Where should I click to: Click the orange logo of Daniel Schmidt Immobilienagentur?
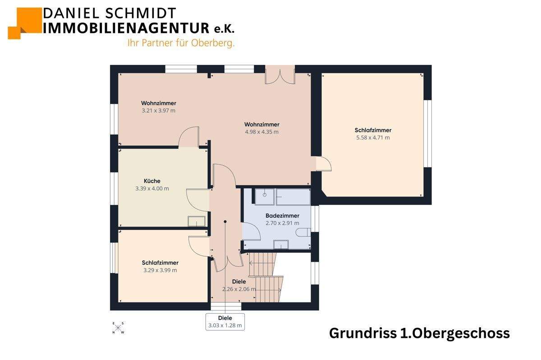point(24,22)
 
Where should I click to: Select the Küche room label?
point(152,181)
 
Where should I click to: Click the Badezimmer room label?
point(282,216)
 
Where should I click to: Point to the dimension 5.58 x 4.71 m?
point(373,138)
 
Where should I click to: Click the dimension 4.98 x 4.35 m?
point(261,132)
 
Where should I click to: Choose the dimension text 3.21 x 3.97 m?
point(158,110)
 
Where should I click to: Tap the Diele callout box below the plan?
point(225,321)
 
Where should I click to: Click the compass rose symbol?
point(119,328)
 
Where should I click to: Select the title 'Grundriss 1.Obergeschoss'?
point(419,333)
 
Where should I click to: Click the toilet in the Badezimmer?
point(304,232)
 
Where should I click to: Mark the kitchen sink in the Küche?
point(197,221)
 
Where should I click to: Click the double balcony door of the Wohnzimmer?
point(280,75)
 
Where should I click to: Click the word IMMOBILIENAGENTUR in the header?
point(126,28)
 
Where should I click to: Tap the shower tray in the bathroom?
point(265,196)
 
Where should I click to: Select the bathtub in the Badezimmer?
point(293,196)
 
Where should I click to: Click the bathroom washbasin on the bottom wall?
point(281,245)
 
